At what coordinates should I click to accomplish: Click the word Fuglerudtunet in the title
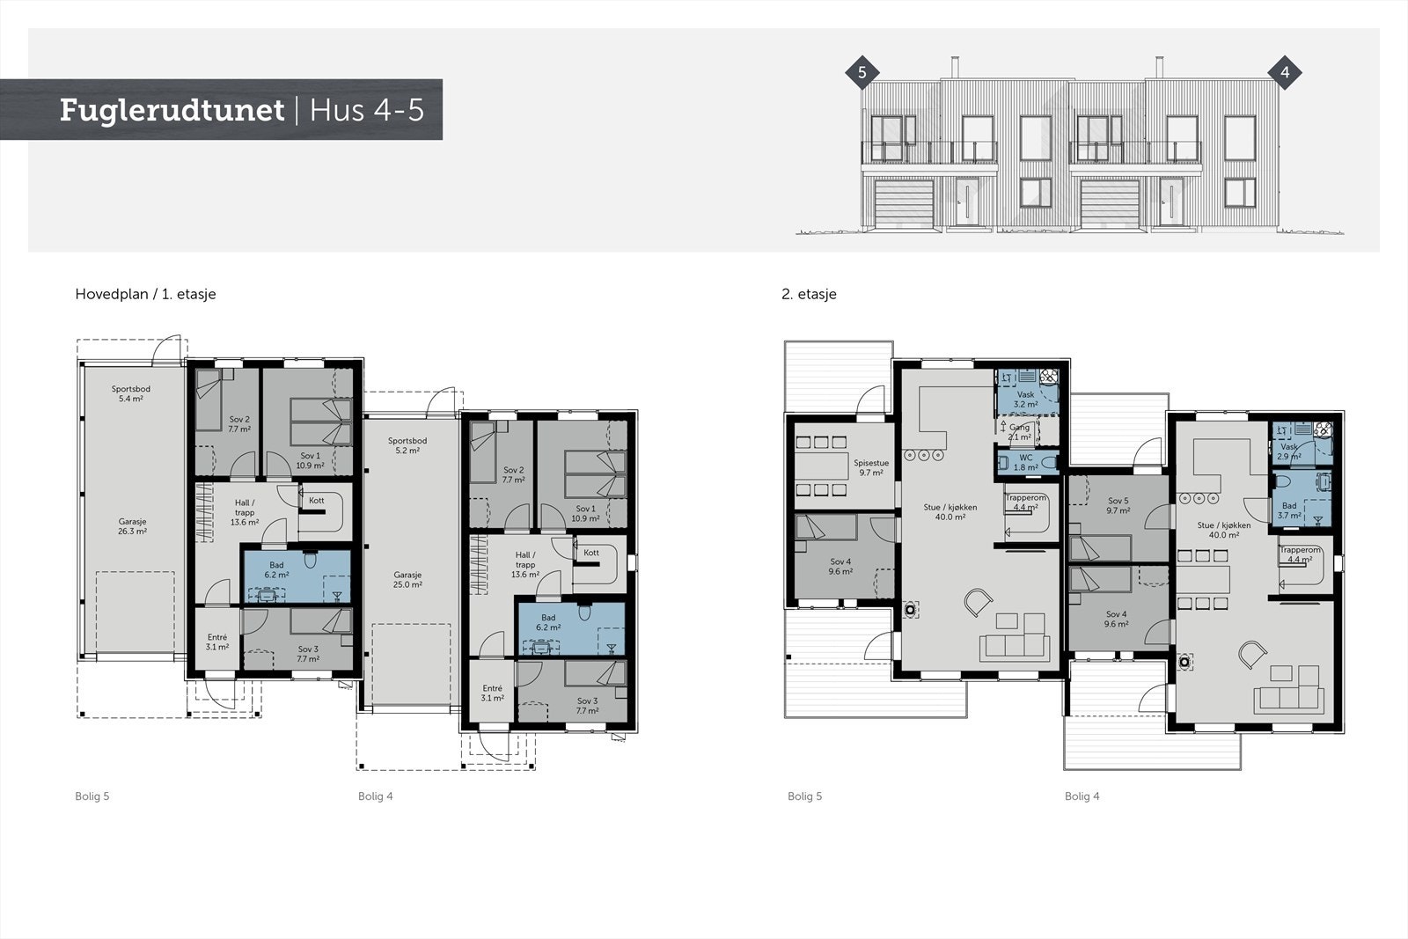tap(172, 110)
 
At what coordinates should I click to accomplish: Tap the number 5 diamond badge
tap(862, 73)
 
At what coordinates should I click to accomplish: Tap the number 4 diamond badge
tap(1285, 73)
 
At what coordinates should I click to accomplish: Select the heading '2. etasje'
tap(809, 294)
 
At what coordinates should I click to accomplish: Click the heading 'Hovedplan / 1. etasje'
tap(145, 294)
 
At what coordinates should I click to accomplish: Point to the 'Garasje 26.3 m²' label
tap(132, 526)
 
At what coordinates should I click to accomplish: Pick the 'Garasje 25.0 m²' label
tap(407, 579)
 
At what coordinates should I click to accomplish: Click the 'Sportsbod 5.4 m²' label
tap(130, 393)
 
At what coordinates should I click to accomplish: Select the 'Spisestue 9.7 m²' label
tap(871, 467)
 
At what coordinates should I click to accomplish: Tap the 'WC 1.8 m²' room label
tap(1025, 462)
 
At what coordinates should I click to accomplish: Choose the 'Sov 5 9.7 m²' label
tap(1118, 505)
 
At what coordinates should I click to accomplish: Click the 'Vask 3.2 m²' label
tap(1024, 400)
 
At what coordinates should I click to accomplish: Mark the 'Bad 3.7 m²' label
tap(1288, 510)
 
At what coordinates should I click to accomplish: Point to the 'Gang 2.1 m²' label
tap(1019, 431)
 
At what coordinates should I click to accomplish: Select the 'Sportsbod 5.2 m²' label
tap(407, 445)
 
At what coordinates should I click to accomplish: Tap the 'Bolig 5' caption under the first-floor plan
tap(92, 796)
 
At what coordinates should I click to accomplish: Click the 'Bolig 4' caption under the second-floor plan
tap(1082, 796)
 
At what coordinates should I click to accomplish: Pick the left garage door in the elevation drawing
tap(904, 203)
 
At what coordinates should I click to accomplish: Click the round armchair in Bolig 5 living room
tap(977, 603)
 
